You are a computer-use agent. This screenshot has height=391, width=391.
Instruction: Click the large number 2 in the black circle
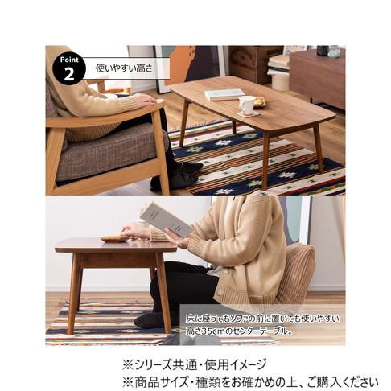69,74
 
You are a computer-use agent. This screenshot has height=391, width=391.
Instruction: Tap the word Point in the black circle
69,60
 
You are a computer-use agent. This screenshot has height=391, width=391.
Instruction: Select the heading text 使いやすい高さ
124,68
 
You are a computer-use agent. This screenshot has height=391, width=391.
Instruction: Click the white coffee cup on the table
247,105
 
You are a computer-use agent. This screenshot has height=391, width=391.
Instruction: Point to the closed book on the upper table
224,94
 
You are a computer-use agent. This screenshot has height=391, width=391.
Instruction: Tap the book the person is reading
166,219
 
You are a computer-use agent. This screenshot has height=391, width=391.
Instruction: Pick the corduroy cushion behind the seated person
296,274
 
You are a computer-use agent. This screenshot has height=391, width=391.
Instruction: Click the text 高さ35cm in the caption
206,331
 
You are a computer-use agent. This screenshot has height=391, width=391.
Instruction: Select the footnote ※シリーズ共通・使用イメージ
195,364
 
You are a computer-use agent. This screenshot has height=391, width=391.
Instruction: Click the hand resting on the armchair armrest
146,100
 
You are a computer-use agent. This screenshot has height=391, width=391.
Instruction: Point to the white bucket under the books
280,81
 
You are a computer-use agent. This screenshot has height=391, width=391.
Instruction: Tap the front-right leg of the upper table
265,160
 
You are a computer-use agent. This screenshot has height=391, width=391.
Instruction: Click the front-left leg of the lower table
71,293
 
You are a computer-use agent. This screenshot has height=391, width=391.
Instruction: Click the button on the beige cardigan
220,293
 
